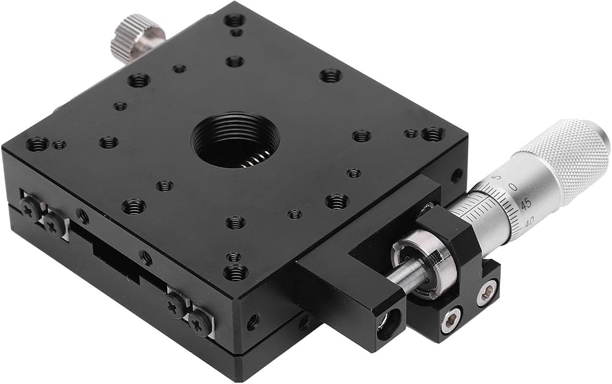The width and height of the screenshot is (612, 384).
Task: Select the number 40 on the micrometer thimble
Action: [529, 222]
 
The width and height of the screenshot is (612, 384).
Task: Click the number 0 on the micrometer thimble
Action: [514, 188]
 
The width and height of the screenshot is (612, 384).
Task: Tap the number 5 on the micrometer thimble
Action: [497, 178]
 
